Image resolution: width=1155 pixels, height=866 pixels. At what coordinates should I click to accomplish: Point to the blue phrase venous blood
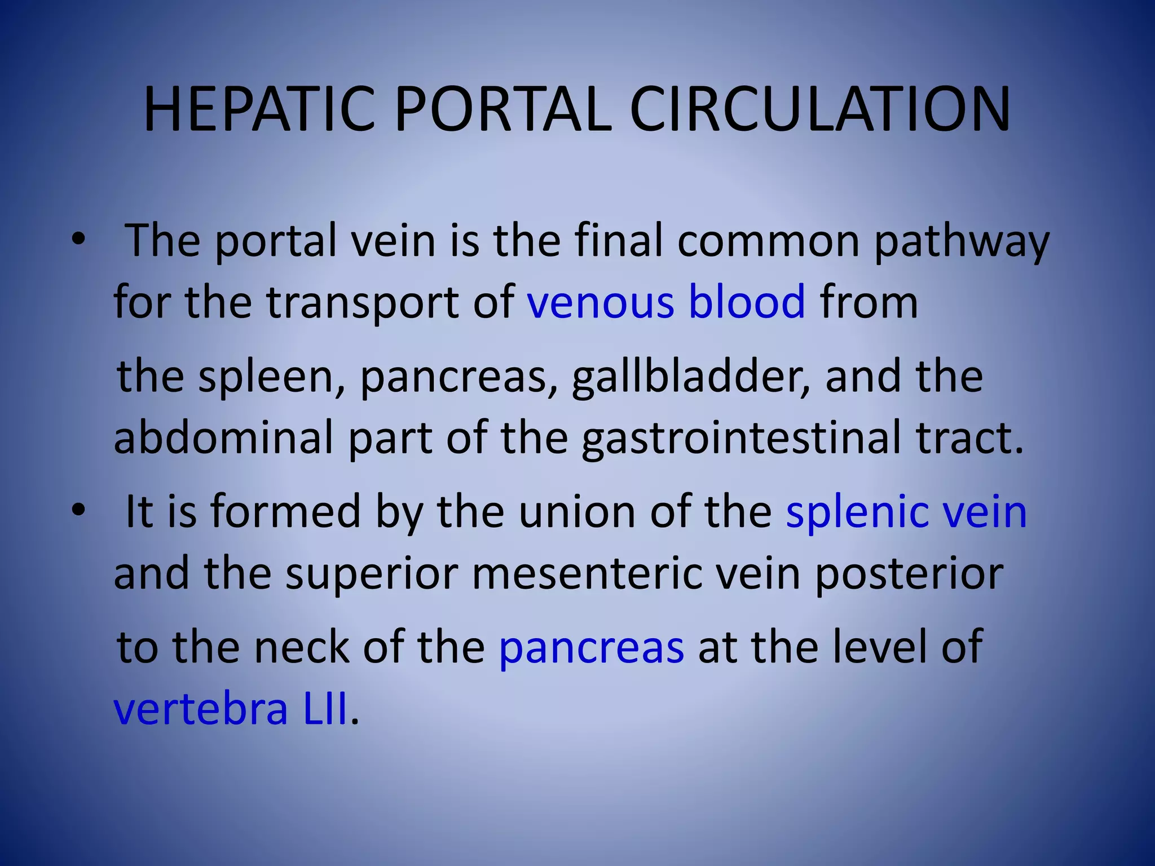(x=666, y=302)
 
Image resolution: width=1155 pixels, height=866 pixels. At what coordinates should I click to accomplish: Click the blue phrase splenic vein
(x=906, y=511)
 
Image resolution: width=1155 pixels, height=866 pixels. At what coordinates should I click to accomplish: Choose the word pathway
(x=961, y=241)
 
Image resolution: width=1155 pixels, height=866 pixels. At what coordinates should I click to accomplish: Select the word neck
(x=301, y=647)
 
